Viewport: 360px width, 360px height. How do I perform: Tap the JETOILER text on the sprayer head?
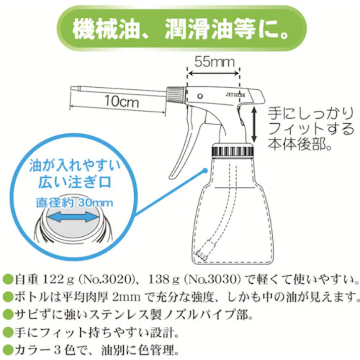(x=236, y=93)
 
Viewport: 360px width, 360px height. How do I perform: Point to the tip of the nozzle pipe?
(x=71, y=89)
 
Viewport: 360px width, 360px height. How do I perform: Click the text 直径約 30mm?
(x=74, y=202)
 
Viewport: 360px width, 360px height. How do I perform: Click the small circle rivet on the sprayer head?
(x=200, y=95)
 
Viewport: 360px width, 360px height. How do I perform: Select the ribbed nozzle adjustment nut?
(x=174, y=93)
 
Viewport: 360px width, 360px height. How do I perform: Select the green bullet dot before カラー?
(x=7, y=349)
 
